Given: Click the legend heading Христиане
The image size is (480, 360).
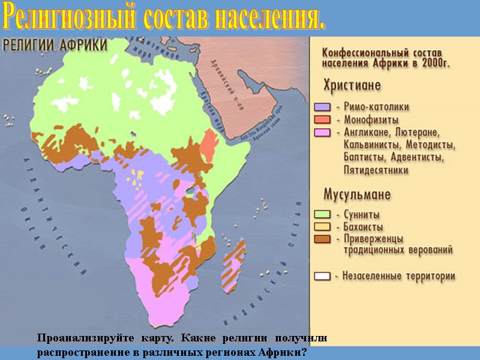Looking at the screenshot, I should [352, 85].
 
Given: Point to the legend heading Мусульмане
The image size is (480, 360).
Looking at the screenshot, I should [357, 194].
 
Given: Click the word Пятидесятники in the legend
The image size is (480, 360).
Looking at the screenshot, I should [376, 170].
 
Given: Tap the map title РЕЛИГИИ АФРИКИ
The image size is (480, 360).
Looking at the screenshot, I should [55, 45].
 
